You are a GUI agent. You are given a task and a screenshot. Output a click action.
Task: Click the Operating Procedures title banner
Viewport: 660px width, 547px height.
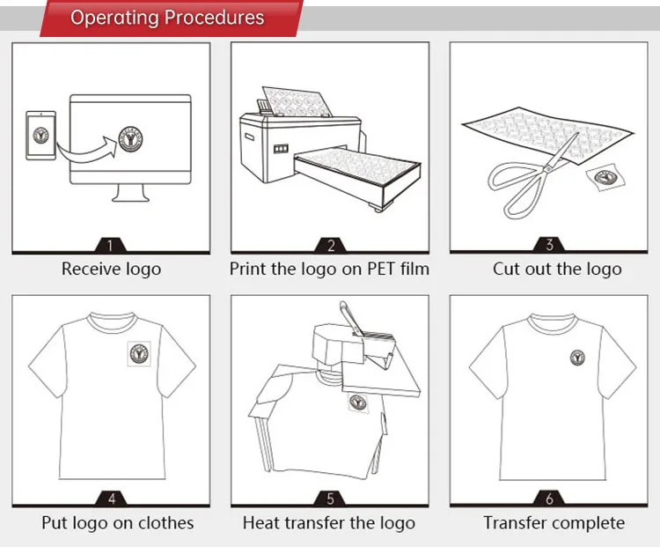click(x=167, y=18)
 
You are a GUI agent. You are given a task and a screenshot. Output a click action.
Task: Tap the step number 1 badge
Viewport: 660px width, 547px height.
click(x=111, y=246)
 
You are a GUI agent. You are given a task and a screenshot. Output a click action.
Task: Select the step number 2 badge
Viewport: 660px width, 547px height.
click(x=331, y=246)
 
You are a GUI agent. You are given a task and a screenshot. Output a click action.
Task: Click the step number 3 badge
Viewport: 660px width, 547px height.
click(x=550, y=246)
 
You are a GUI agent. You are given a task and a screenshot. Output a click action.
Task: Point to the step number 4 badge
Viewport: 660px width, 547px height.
click(x=111, y=499)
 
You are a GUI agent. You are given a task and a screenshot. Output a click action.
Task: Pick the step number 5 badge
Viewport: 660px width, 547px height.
click(x=331, y=499)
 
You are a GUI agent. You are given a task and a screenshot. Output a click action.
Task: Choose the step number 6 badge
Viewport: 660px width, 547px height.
click(x=550, y=499)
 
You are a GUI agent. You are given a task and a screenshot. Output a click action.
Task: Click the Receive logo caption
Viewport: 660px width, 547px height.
click(x=111, y=270)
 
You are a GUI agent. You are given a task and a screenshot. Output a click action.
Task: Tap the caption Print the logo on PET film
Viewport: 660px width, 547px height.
click(x=330, y=270)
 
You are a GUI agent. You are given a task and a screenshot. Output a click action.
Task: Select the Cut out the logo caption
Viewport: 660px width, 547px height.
click(x=557, y=270)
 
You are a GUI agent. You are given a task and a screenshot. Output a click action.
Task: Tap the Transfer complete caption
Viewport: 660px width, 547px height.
click(x=554, y=523)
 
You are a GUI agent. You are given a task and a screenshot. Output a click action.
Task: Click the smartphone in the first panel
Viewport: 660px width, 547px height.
click(x=40, y=135)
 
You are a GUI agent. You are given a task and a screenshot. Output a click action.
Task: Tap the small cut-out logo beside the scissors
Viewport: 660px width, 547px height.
click(x=605, y=177)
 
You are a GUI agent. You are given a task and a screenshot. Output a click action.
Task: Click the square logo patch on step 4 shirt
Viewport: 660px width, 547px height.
click(x=139, y=352)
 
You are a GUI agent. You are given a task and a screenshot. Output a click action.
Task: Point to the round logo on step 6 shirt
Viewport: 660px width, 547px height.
click(x=578, y=357)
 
